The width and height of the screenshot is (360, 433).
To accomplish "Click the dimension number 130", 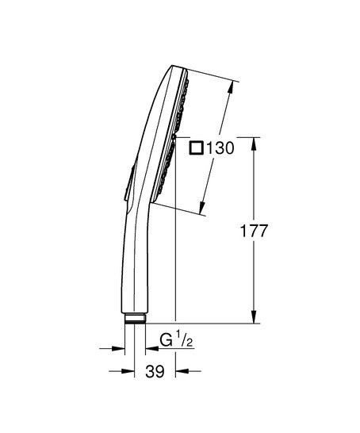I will click(218, 148).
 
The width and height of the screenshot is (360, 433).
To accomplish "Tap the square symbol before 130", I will click(197, 148).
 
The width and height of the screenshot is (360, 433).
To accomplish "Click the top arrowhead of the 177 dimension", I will click(255, 143).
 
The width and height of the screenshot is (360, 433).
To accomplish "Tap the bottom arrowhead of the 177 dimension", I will click(255, 320).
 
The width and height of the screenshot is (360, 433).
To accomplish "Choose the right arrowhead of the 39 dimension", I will click(180, 370).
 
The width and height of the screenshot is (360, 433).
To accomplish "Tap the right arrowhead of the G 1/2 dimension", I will click(147, 347).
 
